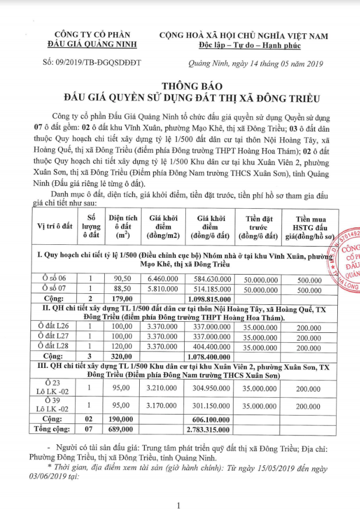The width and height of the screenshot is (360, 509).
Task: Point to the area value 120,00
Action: click(x=122, y=346)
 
